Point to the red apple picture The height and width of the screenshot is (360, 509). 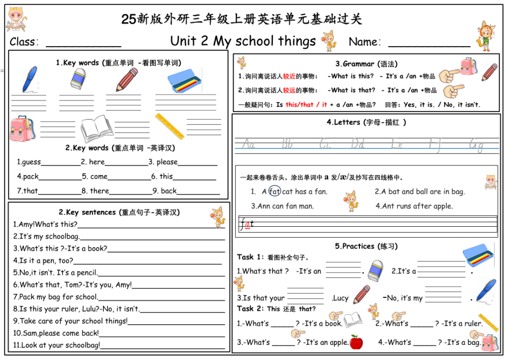tap(356, 342)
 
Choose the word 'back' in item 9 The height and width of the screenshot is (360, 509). tap(169, 191)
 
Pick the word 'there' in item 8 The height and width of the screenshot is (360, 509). tap(99, 191)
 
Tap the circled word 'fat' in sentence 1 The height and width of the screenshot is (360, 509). tap(275, 191)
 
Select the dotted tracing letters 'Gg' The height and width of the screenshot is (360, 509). tap(476, 145)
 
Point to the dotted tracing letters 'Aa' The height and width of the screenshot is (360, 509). tap(249, 145)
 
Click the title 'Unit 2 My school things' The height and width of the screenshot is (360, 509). tap(243, 41)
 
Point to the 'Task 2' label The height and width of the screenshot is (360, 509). tap(250, 309)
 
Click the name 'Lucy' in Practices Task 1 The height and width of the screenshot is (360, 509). tap(340, 298)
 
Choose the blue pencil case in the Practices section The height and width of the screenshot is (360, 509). tap(478, 254)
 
